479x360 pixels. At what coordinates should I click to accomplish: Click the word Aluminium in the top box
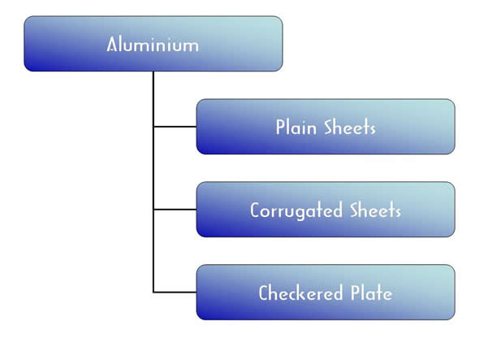point(153,44)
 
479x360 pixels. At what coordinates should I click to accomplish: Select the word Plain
point(296,127)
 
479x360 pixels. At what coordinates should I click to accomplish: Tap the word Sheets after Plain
point(350,127)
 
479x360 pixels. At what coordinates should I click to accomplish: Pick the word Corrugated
point(296,210)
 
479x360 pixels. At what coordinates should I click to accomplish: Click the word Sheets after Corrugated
point(375,210)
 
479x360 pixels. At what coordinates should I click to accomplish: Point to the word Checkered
point(300,293)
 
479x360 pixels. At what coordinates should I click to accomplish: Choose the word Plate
point(372,293)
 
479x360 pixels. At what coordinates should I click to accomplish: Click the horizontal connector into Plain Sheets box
point(175,126)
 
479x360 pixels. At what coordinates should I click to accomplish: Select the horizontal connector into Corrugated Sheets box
point(175,210)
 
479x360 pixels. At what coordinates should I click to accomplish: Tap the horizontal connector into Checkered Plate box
point(175,293)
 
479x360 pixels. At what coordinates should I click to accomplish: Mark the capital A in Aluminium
point(112,44)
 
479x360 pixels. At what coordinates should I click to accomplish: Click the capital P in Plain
point(280,127)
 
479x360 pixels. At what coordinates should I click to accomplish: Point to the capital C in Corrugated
point(256,210)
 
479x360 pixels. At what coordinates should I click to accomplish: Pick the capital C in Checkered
point(264,293)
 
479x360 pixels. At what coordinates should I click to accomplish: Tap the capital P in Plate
point(355,293)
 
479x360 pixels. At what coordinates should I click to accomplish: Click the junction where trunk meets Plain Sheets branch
point(153,126)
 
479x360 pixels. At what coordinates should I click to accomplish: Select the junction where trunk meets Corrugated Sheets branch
point(153,210)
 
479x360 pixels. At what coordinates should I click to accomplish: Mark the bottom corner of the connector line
point(153,293)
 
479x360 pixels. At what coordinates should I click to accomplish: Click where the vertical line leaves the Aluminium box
point(153,72)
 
